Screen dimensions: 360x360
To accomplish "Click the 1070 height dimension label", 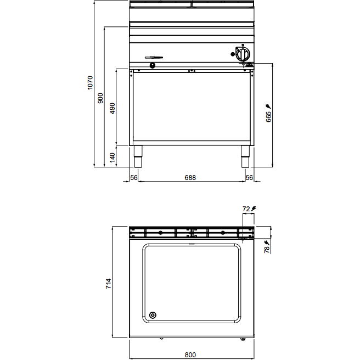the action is [x=90, y=83].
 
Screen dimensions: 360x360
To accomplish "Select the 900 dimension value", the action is [x=100, y=98].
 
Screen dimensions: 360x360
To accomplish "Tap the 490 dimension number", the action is [x=113, y=108].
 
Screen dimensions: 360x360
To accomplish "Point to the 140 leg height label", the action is [x=113, y=157].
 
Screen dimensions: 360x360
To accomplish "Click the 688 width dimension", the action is [x=190, y=177].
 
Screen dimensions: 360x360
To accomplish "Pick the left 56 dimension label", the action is [x=134, y=177].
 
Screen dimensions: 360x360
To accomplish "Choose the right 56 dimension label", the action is [x=249, y=177].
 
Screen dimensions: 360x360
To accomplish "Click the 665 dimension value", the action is [x=268, y=117].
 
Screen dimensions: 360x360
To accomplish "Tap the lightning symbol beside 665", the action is [x=268, y=106].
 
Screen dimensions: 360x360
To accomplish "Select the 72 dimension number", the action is [x=246, y=209].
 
